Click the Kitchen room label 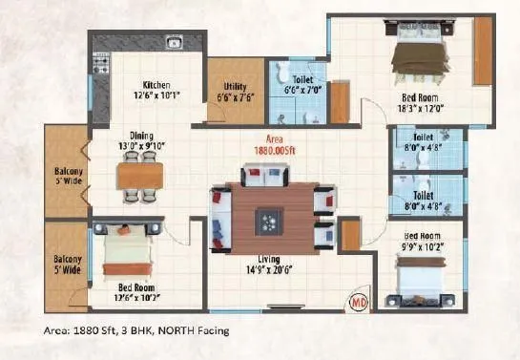(156, 83)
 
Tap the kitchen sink (175, 42)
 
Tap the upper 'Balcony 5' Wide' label (67, 178)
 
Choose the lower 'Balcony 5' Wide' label (67, 265)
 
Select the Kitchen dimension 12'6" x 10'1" (156, 95)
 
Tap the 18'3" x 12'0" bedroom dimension (420, 109)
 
